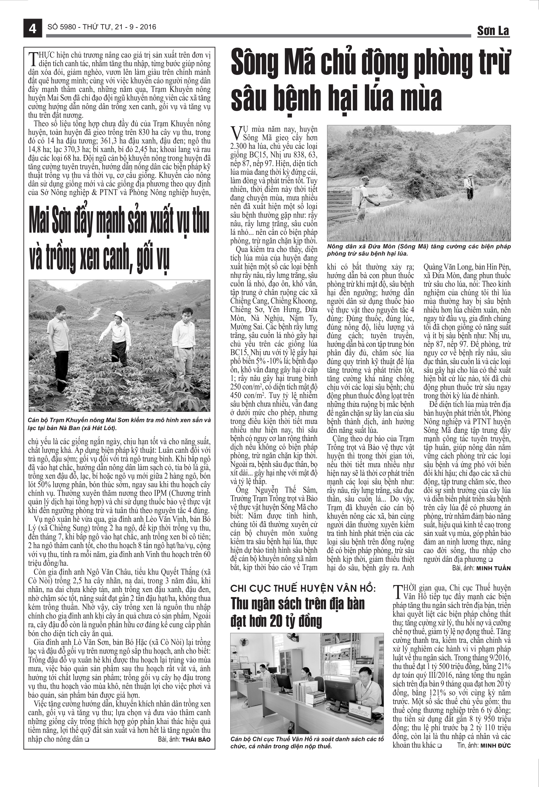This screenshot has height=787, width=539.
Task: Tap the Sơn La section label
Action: coord(493,31)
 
